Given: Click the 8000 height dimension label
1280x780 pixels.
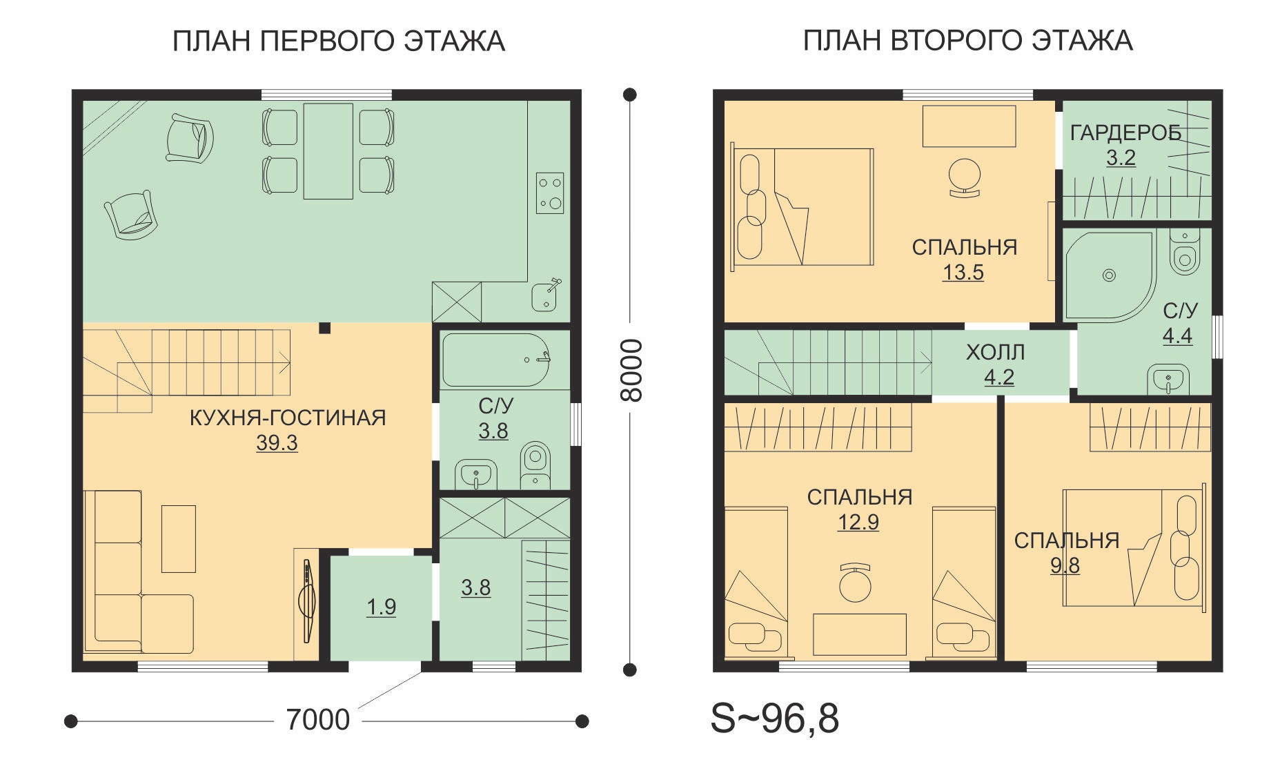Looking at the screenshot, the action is point(631,370).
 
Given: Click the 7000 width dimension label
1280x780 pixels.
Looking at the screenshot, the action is point(318,720).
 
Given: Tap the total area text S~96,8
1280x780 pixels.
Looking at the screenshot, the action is point(774,718).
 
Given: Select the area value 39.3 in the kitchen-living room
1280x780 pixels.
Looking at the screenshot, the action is point(277,442).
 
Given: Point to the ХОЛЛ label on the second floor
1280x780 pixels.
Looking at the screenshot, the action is point(995,352).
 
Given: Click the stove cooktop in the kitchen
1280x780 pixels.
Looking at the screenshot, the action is point(550,193).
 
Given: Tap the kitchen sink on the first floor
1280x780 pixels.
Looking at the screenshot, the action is point(545,296).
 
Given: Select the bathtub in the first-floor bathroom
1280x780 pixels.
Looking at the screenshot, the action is point(495,360).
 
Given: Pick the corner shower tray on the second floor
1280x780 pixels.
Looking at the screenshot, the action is point(1109,277).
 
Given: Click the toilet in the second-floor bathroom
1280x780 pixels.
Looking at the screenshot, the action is point(1185,252).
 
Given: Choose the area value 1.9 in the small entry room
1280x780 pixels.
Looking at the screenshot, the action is point(381,607).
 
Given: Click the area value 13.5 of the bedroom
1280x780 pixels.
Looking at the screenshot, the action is point(963,273).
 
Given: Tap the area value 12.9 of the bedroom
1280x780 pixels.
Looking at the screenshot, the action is point(858,523).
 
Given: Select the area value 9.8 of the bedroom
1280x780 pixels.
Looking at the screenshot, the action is point(1065,565).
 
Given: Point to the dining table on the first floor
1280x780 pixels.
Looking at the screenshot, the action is point(328,151).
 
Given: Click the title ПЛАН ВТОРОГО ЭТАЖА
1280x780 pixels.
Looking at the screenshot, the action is point(967,41).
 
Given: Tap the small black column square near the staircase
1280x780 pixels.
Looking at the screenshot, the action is point(324,329).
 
